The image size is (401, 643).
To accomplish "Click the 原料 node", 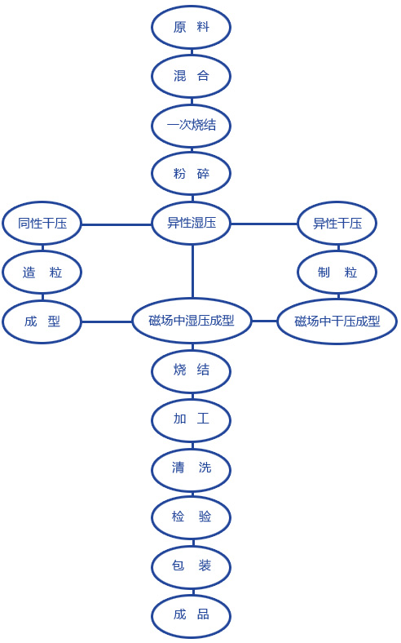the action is point(192,28).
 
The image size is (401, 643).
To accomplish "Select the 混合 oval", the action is point(192,76).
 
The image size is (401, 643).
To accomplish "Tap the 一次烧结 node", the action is point(192,125).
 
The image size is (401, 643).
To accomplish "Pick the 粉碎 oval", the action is point(192,174).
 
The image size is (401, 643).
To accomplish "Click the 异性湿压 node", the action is point(192,223).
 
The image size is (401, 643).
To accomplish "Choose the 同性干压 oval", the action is point(42,224).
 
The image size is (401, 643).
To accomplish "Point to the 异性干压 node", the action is point(337,224).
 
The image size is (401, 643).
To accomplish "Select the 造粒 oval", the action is point(42,273).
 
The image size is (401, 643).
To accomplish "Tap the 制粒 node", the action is point(337,273).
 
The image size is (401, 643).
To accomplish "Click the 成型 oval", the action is point(42,321).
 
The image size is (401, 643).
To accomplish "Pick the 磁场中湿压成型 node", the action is point(192,321).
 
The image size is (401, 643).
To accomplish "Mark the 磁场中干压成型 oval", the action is point(337,321).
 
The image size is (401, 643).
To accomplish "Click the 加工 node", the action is point(192,419).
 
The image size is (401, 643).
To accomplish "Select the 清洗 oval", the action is point(192,468).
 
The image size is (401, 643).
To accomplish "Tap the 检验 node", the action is point(192,517).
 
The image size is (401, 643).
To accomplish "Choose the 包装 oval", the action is point(192,566).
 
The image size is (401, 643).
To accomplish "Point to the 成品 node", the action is point(192,615).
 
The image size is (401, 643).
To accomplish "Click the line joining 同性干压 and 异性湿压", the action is point(117,224).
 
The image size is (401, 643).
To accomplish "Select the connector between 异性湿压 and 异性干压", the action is point(264,224).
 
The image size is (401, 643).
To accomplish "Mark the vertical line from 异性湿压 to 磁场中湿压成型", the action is point(192,272).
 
